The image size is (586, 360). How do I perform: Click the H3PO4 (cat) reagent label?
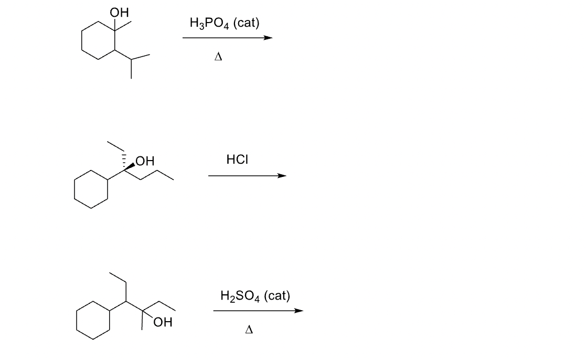pos(224,23)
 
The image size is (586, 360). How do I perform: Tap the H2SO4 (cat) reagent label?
pos(255,296)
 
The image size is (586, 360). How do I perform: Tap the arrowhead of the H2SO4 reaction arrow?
pos(299,311)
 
